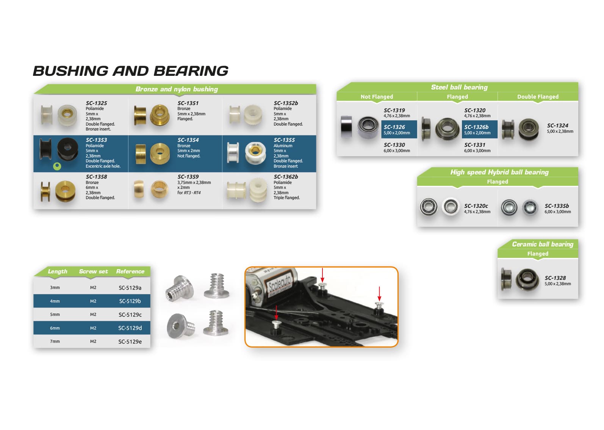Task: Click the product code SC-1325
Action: [96, 103]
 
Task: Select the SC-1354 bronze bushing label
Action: [188, 140]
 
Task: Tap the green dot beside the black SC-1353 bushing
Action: [57, 166]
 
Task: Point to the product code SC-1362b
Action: [286, 177]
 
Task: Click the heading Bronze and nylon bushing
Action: [177, 89]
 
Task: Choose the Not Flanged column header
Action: [377, 97]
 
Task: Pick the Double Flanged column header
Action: [538, 97]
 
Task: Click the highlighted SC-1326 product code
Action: [394, 127]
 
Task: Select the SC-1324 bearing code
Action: [557, 126]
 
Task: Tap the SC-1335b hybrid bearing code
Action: [557, 206]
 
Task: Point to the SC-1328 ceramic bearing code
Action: [555, 278]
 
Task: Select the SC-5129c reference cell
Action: [130, 315]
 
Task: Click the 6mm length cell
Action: [55, 328]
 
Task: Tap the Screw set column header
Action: [93, 271]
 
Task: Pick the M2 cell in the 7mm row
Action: [93, 341]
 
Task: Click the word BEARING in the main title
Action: [191, 71]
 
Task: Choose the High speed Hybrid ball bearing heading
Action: [499, 172]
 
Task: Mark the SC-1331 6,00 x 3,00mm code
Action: [474, 145]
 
